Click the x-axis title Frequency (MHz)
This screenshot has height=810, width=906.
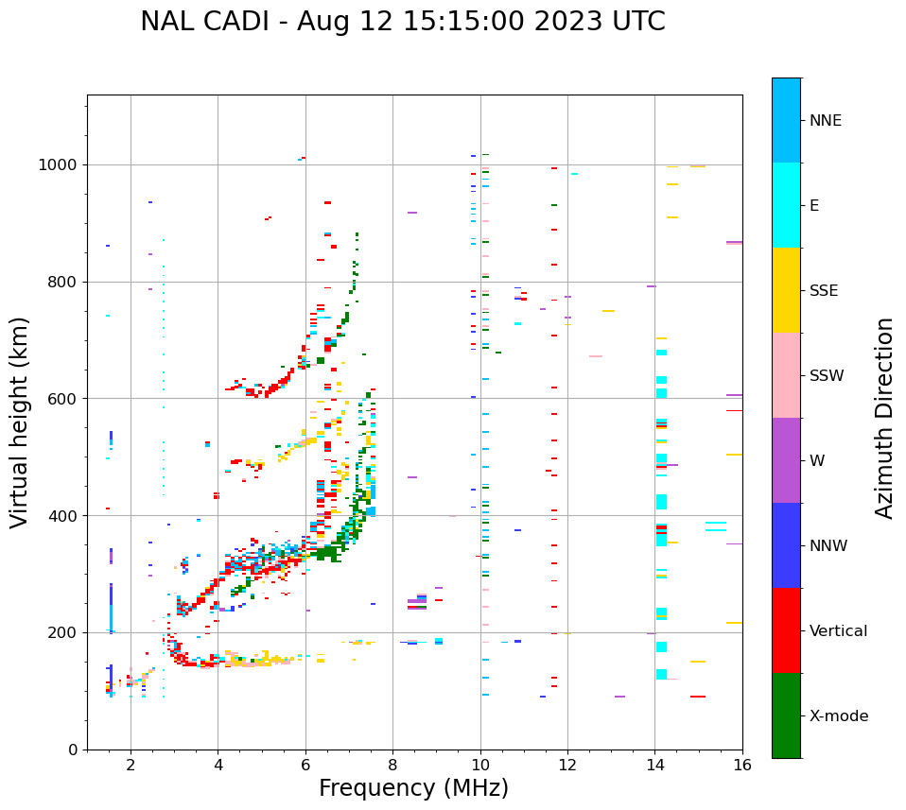click(413, 788)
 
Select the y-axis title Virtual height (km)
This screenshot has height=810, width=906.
click(20, 422)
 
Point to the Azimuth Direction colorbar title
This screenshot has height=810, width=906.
click(884, 418)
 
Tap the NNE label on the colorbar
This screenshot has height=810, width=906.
click(825, 121)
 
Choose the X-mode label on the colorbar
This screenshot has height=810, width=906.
click(838, 716)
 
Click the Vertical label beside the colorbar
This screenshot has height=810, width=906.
click(838, 631)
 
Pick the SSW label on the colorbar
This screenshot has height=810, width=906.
click(826, 376)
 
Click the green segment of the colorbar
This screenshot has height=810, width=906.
click(786, 715)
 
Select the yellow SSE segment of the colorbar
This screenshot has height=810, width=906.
click(786, 290)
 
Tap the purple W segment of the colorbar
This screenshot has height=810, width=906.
click(786, 460)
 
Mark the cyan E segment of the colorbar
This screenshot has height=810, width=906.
click(786, 205)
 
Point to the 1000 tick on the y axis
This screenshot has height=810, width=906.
click(60, 165)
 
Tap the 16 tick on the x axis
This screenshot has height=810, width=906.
click(742, 765)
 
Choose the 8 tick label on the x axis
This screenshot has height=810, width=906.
click(392, 765)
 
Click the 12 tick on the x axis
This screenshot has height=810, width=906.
click(567, 765)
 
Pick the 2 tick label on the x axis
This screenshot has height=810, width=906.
click(131, 765)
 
